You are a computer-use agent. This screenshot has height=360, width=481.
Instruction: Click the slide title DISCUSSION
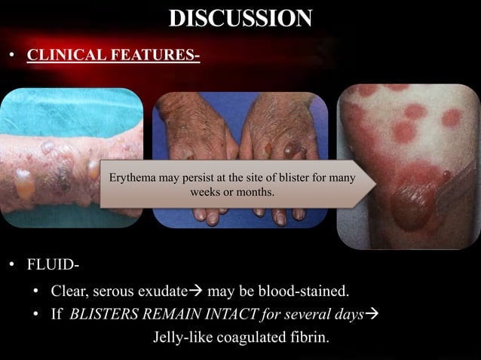pos(240,18)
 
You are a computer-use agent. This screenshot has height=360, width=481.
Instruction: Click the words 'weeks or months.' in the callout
pos(234,193)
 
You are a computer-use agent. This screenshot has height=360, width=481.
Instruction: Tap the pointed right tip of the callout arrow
pos(375,185)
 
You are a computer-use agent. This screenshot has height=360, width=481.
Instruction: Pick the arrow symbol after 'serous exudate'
pos(195,291)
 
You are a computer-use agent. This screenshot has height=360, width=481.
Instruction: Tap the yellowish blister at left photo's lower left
pos(25,185)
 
